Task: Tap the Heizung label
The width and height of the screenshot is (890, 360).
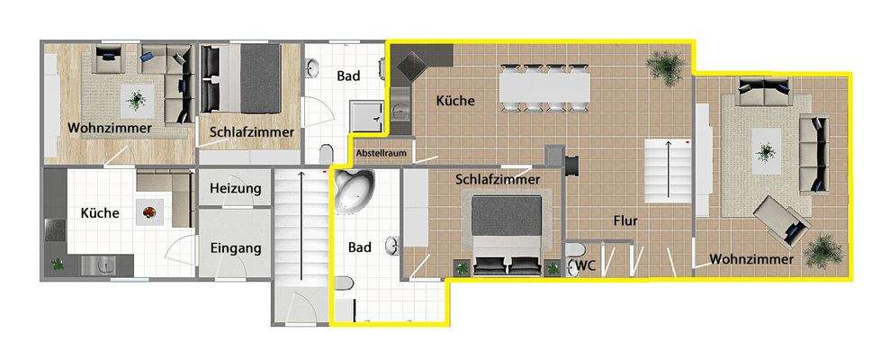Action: coord(235,189)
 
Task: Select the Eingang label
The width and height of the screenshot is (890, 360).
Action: coord(235,247)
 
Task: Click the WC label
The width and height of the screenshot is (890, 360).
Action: coord(586,265)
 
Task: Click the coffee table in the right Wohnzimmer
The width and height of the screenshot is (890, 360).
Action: coord(767,146)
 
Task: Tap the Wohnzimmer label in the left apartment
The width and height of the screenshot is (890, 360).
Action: coord(109,129)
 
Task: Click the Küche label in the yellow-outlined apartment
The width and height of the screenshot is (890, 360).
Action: coord(454,101)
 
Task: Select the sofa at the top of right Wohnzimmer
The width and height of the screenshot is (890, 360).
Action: coord(764,91)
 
